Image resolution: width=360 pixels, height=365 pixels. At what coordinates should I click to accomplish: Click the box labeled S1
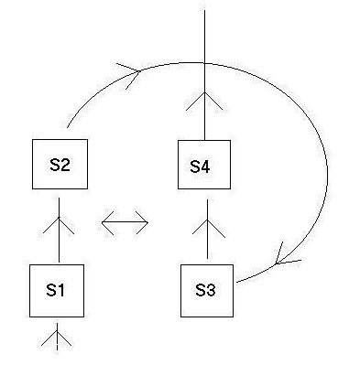pos(58,290)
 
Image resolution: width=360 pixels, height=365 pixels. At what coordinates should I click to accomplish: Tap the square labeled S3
pos(205,291)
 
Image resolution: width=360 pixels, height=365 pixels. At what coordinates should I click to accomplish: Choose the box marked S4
pos(201,166)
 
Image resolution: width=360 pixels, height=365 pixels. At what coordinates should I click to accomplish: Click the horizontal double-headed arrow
pos(125,222)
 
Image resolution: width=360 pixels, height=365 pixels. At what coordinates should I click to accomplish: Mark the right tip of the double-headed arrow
pos(148,222)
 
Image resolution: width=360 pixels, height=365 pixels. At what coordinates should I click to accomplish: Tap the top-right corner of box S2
pos(87,139)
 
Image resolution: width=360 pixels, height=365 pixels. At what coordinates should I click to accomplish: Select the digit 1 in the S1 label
pos(63,290)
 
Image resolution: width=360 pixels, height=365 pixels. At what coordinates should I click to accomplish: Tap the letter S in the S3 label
pos(200,291)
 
